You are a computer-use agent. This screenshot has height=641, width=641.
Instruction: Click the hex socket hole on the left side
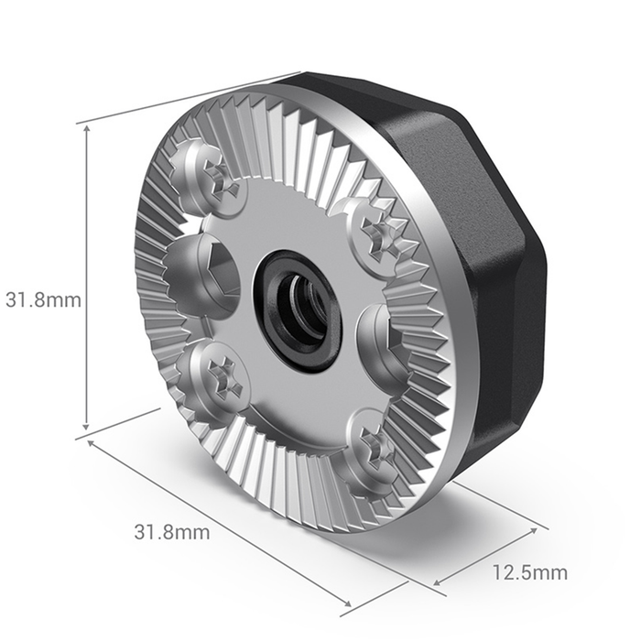pyautogui.click(x=201, y=274)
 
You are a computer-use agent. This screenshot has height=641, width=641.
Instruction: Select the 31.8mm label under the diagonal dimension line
pyautogui.click(x=172, y=531)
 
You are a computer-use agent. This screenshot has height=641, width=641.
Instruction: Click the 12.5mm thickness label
pyautogui.click(x=529, y=574)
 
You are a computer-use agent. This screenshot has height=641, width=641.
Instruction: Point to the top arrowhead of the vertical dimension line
pyautogui.click(x=87, y=129)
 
